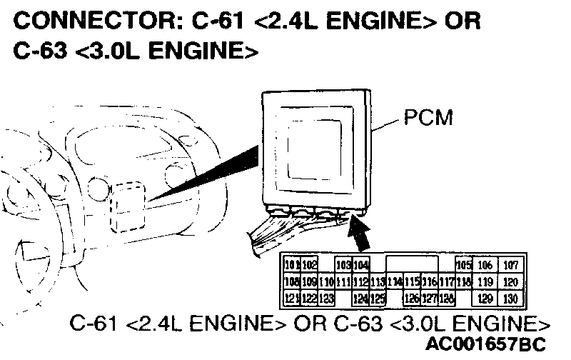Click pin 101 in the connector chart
(x=291, y=266)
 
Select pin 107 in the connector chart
(x=510, y=266)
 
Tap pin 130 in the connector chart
(x=510, y=298)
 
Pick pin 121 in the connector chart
(x=291, y=298)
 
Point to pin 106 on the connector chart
(x=485, y=266)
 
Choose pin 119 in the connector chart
(x=485, y=281)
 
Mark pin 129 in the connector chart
(x=485, y=298)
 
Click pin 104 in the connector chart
(x=361, y=266)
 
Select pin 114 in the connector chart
(x=395, y=281)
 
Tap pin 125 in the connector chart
(x=378, y=298)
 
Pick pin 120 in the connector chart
(x=510, y=281)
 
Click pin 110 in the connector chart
(x=326, y=281)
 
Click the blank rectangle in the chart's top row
(x=412, y=265)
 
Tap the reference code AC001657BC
(x=485, y=344)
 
